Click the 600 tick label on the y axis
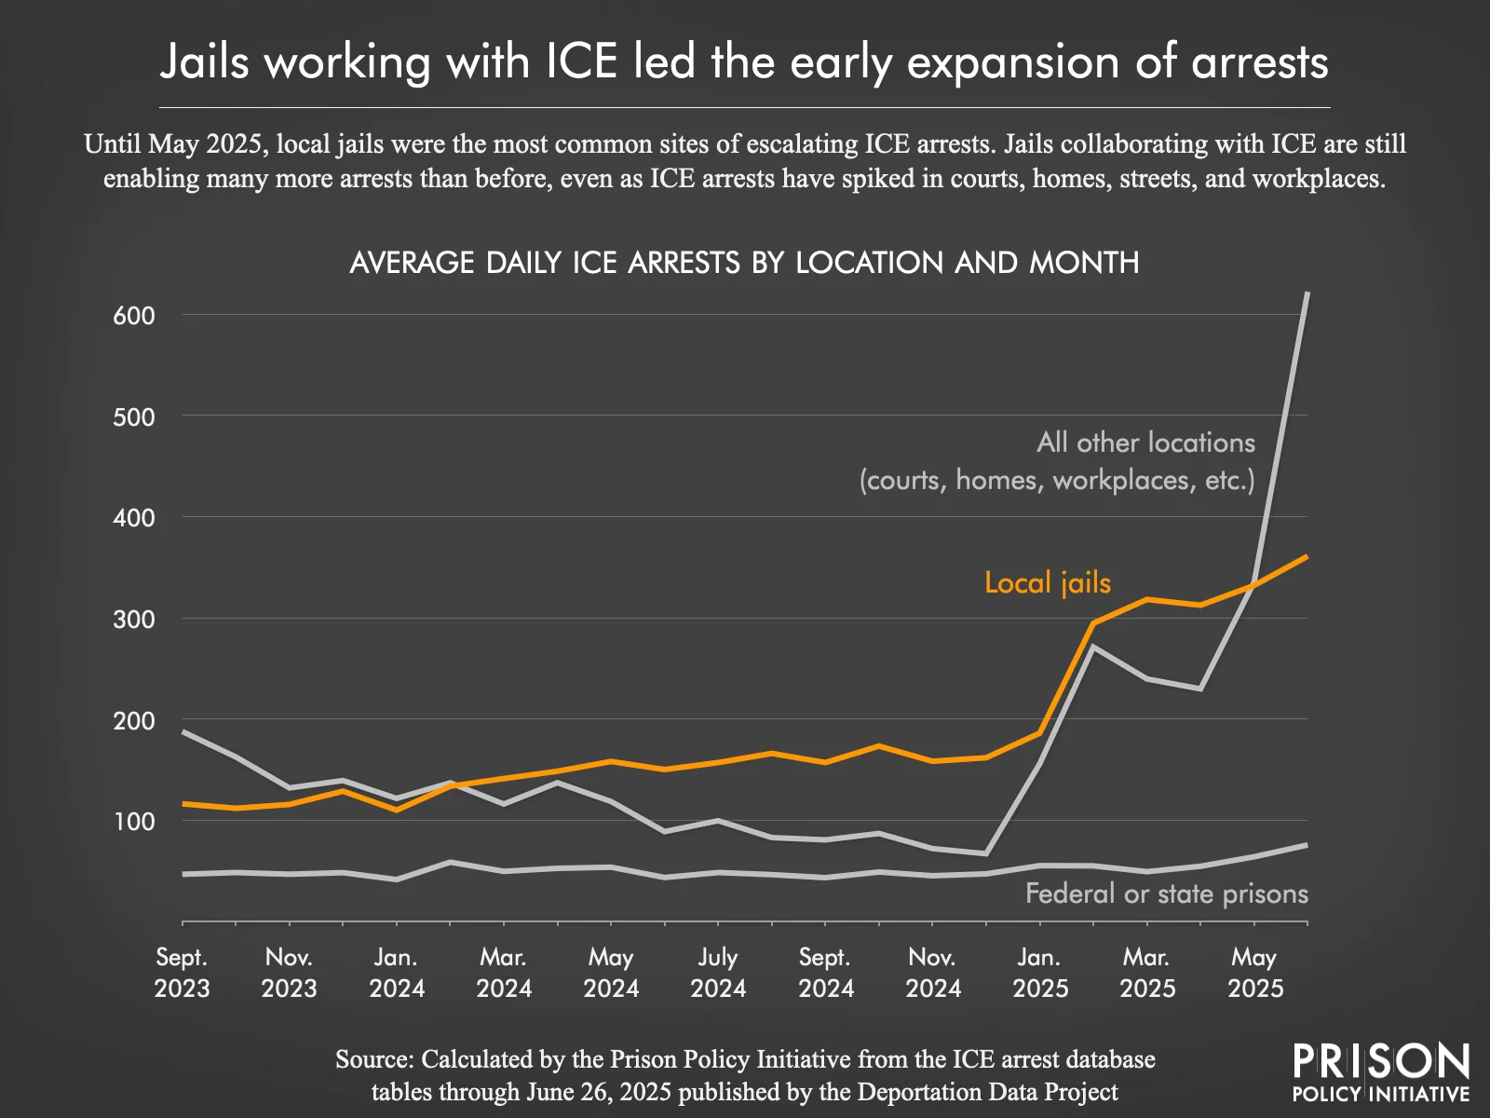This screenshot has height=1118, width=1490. pyautogui.click(x=134, y=316)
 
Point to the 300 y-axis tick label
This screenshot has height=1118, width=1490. pyautogui.click(x=134, y=620)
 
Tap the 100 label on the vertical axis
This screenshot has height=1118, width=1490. pyautogui.click(x=134, y=822)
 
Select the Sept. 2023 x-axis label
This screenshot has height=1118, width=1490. pyautogui.click(x=182, y=973)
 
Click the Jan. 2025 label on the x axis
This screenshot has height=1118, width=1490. pyautogui.click(x=1040, y=973)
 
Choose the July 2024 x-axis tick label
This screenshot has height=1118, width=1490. pyautogui.click(x=718, y=973)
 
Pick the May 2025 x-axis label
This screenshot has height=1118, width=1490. pyautogui.click(x=1254, y=973)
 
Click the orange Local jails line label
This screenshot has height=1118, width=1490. pyautogui.click(x=1048, y=583)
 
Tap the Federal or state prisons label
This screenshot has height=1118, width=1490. pyautogui.click(x=1166, y=894)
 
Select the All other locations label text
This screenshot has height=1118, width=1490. pyautogui.click(x=1145, y=443)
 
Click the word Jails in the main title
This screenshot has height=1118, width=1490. pyautogui.click(x=205, y=62)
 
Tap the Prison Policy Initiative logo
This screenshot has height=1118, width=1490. pyautogui.click(x=1380, y=1073)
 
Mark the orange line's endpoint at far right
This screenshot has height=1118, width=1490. pyautogui.click(x=1307, y=557)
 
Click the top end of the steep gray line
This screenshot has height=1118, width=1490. pyautogui.click(x=1307, y=293)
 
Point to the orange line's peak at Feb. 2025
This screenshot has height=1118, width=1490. pyautogui.click(x=1093, y=623)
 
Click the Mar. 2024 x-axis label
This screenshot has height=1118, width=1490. pyautogui.click(x=504, y=973)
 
